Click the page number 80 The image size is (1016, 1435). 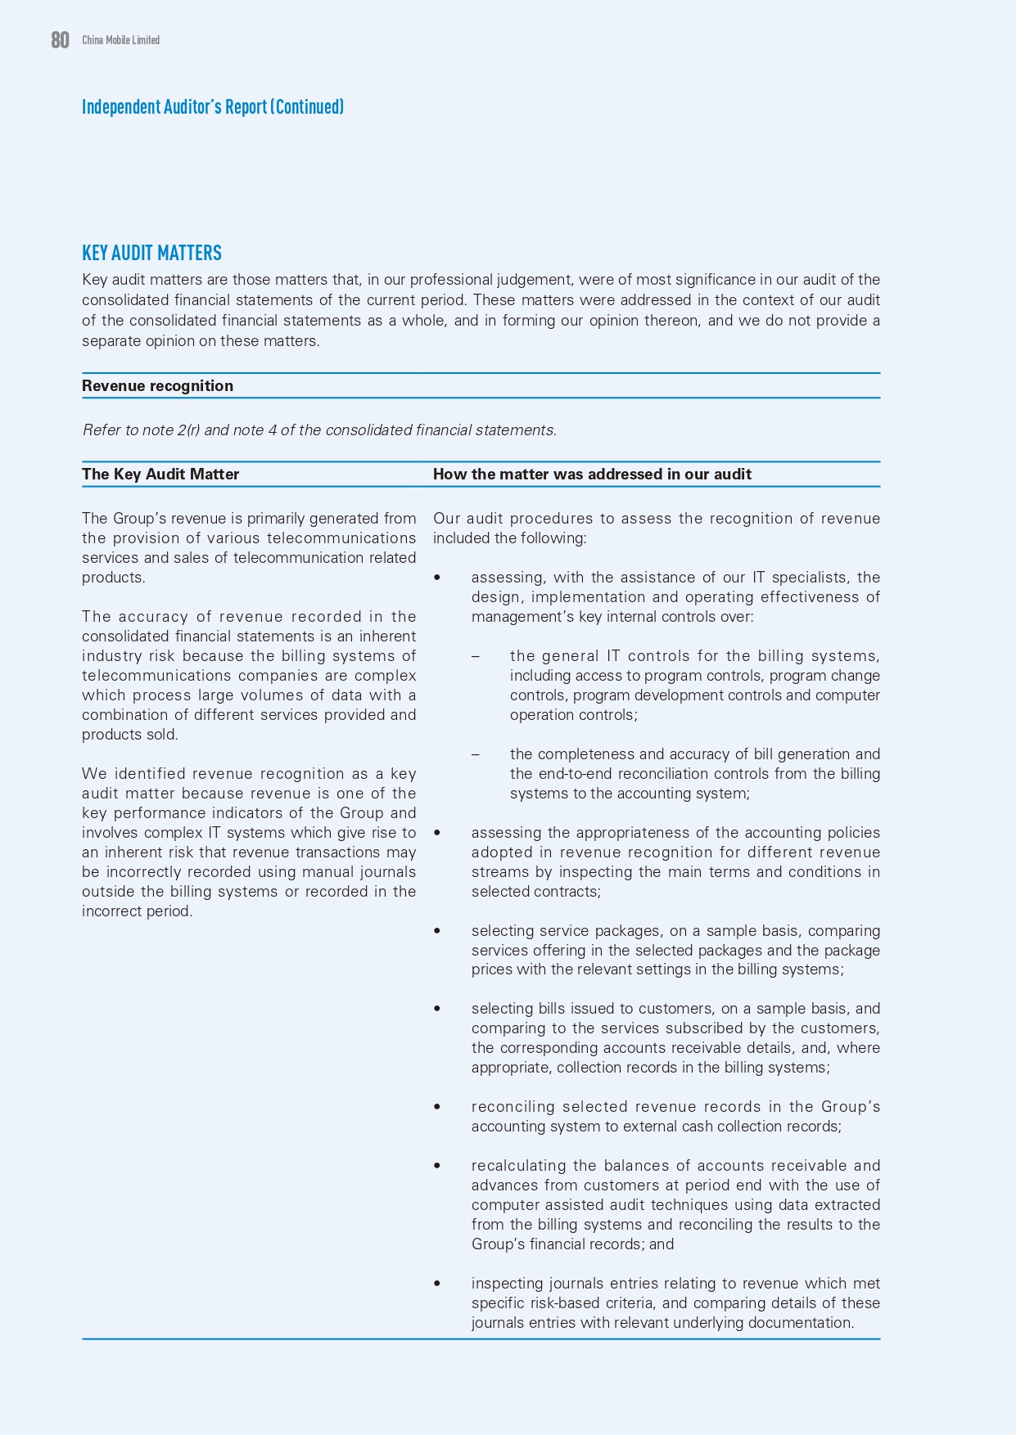click(60, 40)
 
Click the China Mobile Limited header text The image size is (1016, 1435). click(120, 40)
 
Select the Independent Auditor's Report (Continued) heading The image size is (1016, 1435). click(213, 107)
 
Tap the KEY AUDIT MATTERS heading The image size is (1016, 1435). click(151, 253)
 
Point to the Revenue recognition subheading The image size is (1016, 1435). click(157, 386)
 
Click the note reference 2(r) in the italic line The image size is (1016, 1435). click(188, 430)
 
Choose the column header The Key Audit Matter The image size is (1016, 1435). click(160, 475)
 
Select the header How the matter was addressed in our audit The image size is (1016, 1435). click(592, 475)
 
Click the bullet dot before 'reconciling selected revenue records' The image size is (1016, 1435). click(437, 1107)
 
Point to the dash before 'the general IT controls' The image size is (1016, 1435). click(476, 656)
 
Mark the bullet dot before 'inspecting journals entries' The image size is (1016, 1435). click(437, 1284)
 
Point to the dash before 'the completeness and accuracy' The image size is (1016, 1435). click(476, 754)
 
